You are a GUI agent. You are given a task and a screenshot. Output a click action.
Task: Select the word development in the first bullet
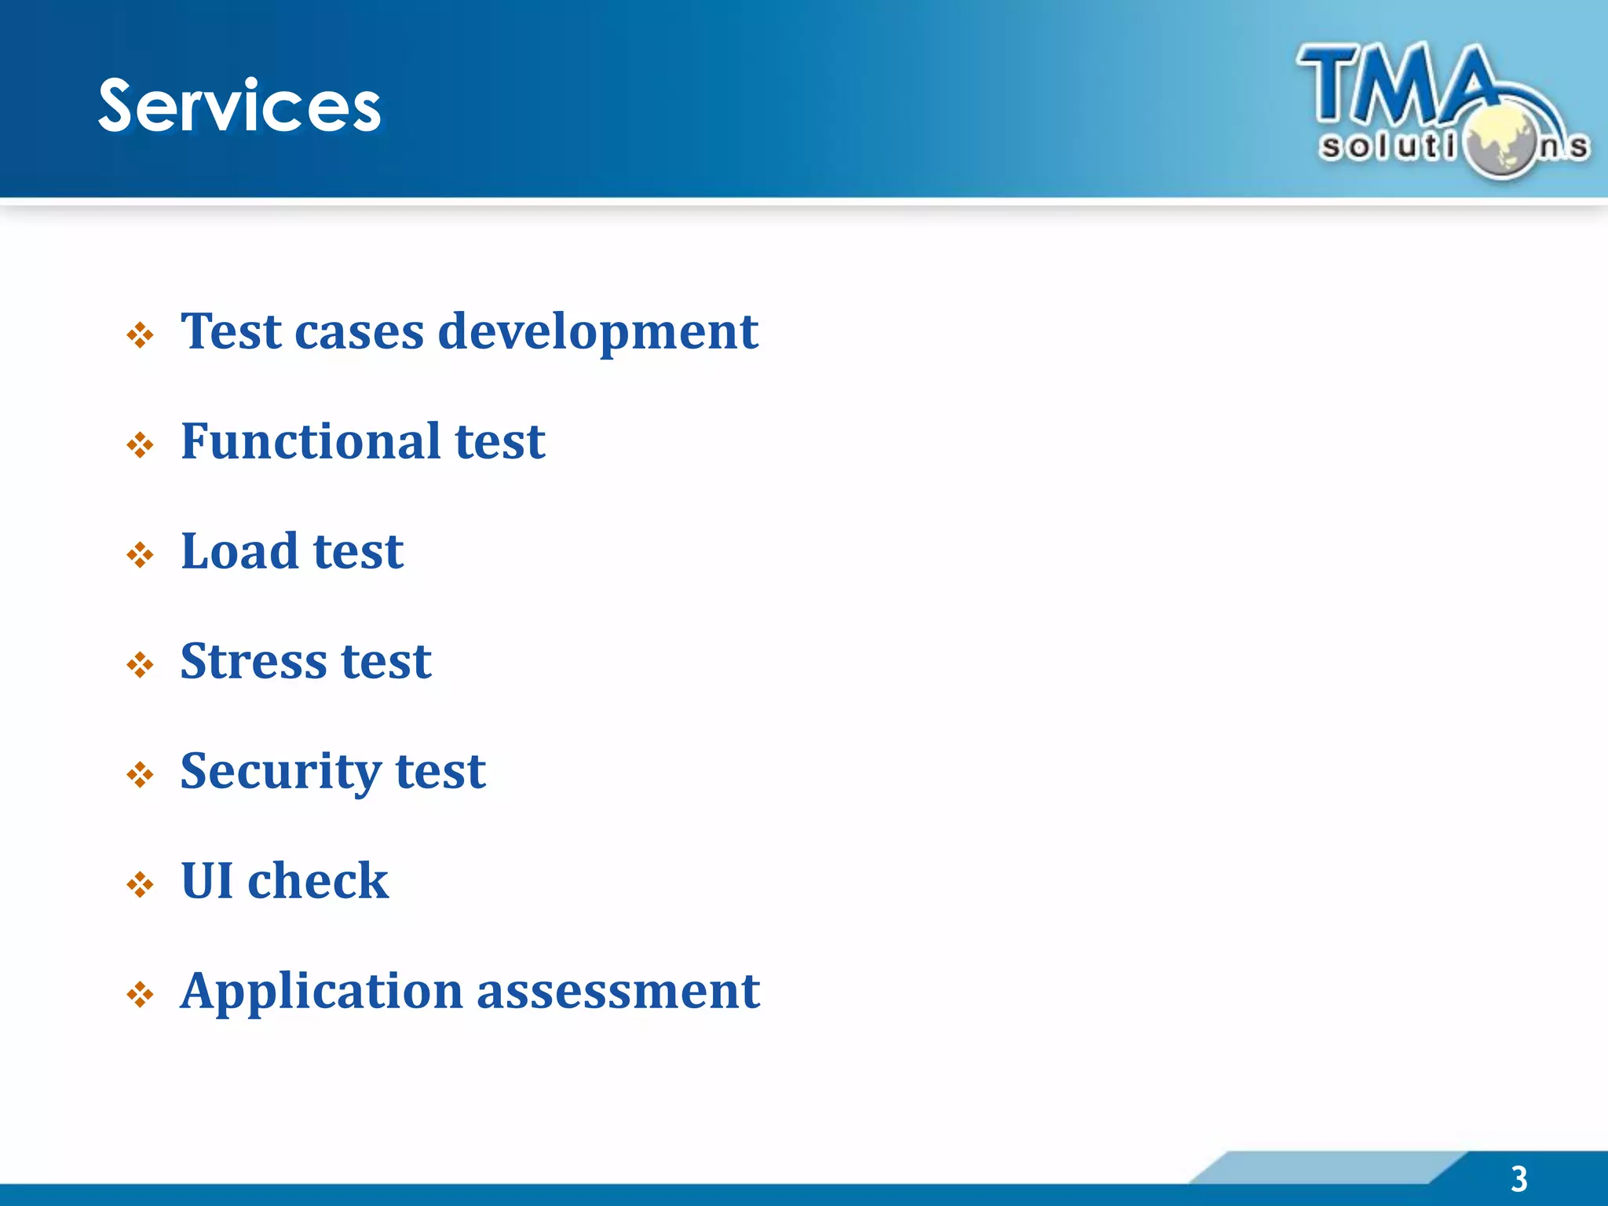598,331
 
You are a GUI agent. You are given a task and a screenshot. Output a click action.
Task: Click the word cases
359,331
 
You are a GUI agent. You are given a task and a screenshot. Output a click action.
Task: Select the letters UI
206,880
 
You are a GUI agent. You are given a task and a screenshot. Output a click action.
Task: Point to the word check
318,880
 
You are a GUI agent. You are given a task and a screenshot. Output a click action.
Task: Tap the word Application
322,992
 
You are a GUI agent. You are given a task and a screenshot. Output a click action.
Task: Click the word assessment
618,991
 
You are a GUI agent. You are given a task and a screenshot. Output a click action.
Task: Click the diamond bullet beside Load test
141,556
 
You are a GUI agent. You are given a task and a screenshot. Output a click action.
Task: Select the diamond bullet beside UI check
141,886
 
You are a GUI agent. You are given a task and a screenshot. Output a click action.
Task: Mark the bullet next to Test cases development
141,336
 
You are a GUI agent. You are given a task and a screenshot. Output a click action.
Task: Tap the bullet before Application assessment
141,996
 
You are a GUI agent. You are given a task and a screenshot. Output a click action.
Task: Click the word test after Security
440,771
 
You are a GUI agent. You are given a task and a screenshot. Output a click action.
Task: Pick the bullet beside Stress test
141,666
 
